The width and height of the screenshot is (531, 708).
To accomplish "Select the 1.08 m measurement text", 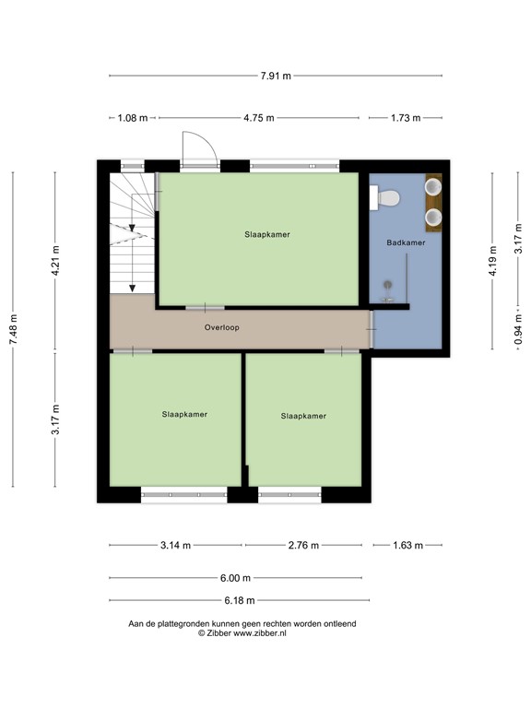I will pyautogui.click(x=134, y=118).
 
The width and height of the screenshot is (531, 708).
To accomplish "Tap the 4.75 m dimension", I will pyautogui.click(x=257, y=118).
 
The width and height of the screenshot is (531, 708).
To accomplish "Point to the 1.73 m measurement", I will pyautogui.click(x=405, y=118).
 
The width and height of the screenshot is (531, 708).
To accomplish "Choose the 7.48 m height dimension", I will pyautogui.click(x=13, y=328).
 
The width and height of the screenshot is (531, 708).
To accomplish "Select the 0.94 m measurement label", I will pyautogui.click(x=518, y=328).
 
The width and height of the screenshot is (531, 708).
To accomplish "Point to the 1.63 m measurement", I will pyautogui.click(x=406, y=545).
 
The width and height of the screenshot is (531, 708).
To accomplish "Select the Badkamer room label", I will pyautogui.click(x=406, y=242).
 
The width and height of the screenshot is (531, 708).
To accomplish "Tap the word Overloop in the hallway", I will pyautogui.click(x=222, y=326).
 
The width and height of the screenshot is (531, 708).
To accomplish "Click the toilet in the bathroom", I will pyautogui.click(x=385, y=197).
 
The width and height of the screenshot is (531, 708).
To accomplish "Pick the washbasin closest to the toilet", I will pyautogui.click(x=432, y=188).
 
